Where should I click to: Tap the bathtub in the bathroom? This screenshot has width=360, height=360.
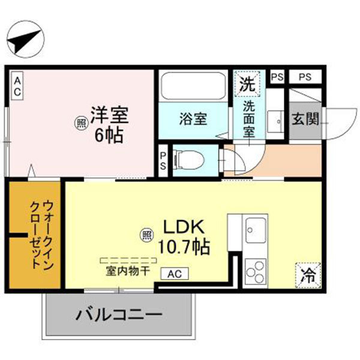(193, 89)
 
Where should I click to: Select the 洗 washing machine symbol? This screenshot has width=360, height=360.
(247, 84)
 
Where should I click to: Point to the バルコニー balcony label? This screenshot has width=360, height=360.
(119, 314)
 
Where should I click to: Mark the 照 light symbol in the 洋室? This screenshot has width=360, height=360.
(80, 123)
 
